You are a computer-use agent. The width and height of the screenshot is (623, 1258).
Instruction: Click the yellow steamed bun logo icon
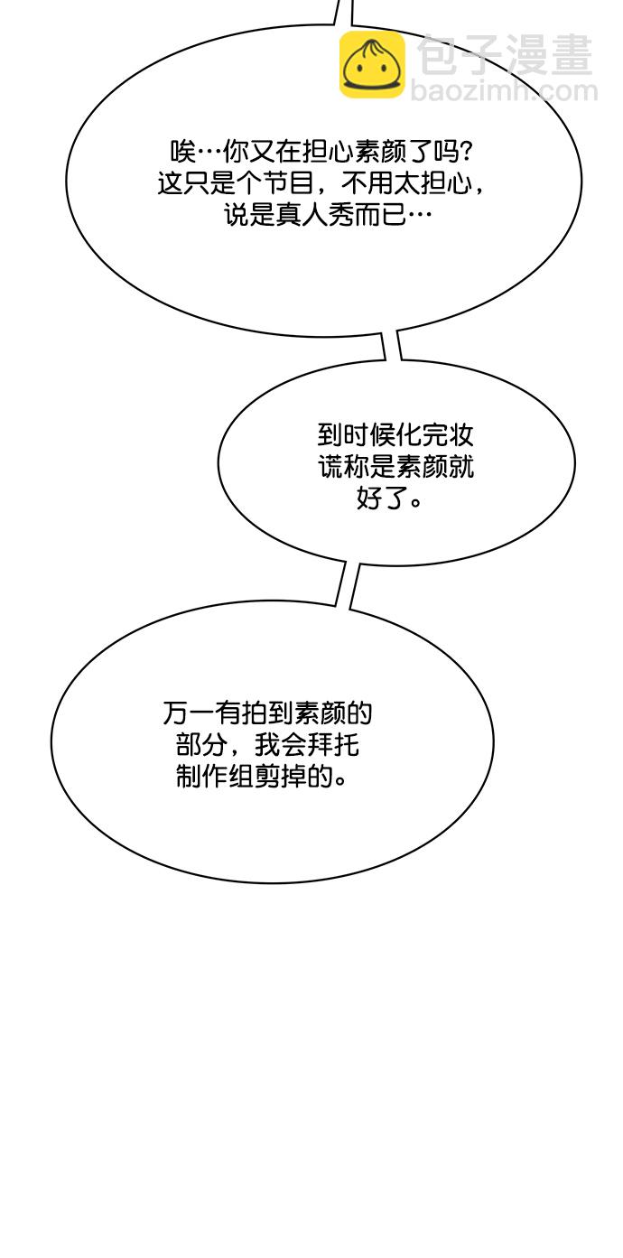(372, 65)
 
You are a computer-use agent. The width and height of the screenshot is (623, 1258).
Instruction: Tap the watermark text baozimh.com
(504, 91)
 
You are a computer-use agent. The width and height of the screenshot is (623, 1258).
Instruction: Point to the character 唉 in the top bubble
(183, 152)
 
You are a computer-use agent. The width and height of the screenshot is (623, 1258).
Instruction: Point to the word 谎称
(343, 466)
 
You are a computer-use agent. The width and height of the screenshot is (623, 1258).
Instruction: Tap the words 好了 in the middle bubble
(382, 498)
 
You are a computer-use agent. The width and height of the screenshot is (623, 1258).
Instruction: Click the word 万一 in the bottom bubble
(189, 713)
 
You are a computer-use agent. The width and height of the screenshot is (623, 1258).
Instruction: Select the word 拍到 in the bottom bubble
(266, 713)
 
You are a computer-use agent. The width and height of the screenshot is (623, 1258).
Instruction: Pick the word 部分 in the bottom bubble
(201, 745)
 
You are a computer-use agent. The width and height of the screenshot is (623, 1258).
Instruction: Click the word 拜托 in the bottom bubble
(333, 745)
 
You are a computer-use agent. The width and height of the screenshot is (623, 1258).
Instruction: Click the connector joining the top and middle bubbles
(392, 345)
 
